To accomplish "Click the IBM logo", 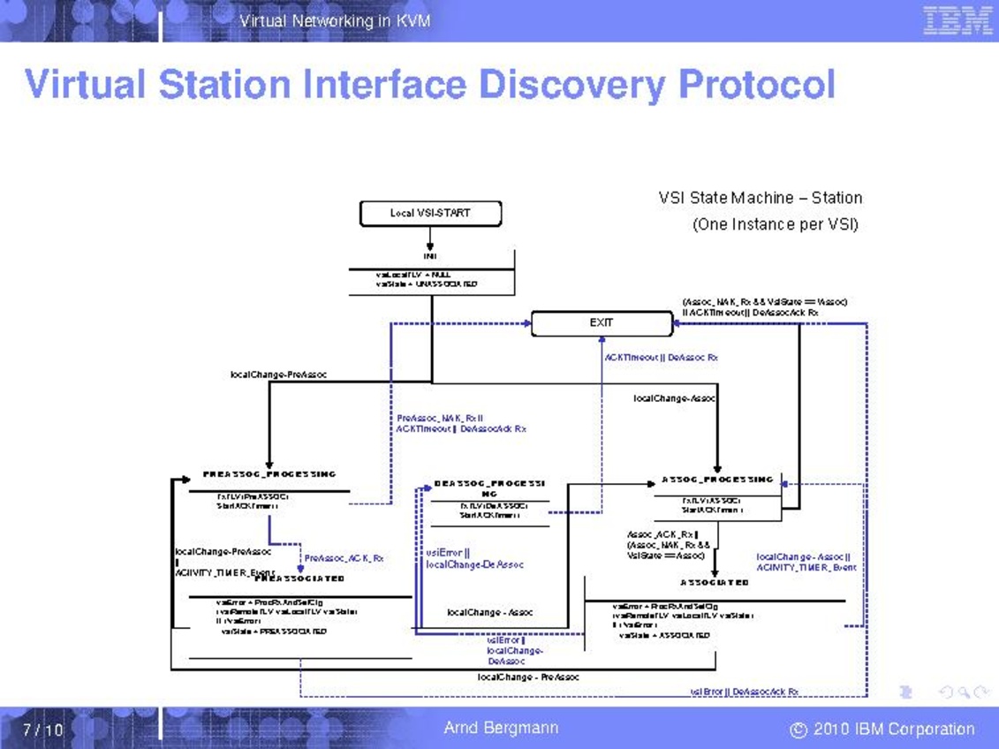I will (x=957, y=20).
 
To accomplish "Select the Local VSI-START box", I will (x=430, y=213).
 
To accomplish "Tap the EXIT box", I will (x=602, y=323).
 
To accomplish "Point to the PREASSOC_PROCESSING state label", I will (x=269, y=474).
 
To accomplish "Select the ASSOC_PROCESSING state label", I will (x=717, y=480).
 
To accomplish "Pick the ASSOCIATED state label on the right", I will (x=715, y=583).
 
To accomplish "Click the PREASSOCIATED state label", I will (x=300, y=579).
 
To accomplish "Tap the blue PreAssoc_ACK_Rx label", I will (x=344, y=558).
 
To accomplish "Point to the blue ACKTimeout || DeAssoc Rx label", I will (x=662, y=358).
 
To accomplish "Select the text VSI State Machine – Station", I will (x=760, y=198).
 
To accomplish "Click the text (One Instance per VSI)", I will (x=776, y=224).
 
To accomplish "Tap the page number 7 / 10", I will (x=43, y=730).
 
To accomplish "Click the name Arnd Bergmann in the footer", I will (x=501, y=729).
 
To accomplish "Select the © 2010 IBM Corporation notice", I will (x=882, y=730).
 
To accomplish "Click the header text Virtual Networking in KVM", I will (x=335, y=20).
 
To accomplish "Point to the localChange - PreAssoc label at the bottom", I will (x=528, y=677).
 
